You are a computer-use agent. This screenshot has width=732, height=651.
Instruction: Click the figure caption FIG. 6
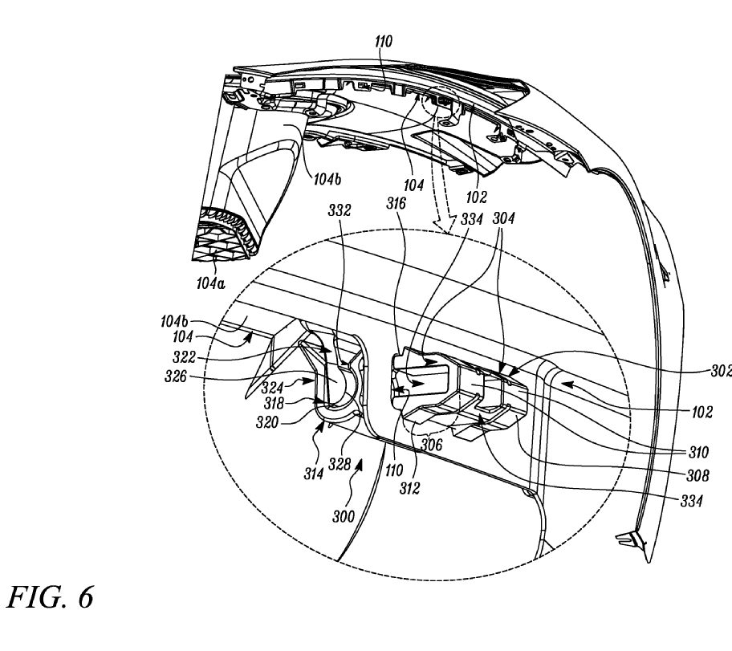(50, 597)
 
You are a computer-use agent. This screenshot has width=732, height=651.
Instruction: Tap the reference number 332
(340, 210)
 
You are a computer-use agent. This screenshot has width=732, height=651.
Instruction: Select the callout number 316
(396, 204)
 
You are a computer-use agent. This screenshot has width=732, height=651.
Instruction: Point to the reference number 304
(504, 218)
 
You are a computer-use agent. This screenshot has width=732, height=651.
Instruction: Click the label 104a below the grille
(210, 283)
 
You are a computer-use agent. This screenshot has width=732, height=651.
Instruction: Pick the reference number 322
(184, 357)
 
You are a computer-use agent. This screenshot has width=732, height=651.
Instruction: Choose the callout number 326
(176, 376)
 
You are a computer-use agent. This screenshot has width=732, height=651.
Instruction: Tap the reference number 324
(273, 388)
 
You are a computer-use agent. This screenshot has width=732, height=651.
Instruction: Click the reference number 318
(274, 403)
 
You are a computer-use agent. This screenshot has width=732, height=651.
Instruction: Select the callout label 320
(267, 422)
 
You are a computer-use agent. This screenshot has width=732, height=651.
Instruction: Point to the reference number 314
(314, 474)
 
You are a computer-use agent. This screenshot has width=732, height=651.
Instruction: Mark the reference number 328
(340, 464)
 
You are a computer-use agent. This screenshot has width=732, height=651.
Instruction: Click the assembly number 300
(344, 516)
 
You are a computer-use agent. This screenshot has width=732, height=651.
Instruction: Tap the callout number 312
(410, 489)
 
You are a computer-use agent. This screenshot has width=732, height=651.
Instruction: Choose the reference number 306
(431, 444)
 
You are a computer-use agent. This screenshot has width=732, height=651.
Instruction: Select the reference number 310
(698, 452)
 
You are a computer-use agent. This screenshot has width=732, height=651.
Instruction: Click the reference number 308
(697, 475)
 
